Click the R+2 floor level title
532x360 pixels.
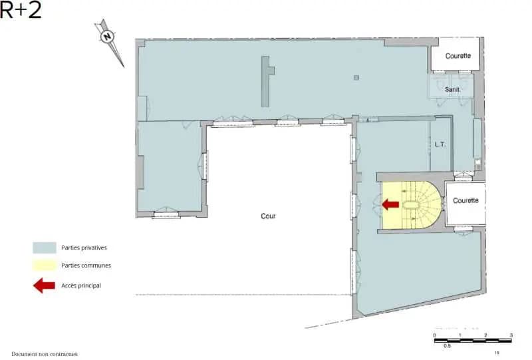point(21,11)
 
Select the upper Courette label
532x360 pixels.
point(458,56)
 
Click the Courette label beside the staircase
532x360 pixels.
point(466,200)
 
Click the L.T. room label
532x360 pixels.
point(440,144)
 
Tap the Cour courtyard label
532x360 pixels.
point(268,216)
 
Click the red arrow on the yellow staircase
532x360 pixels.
point(391,204)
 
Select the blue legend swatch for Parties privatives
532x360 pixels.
point(44,248)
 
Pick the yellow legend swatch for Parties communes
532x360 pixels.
point(44,266)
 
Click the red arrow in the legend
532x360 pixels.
point(44,285)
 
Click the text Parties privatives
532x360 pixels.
point(84,248)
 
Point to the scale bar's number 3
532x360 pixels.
point(511,335)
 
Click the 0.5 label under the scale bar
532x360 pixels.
point(448,346)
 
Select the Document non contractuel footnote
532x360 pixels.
point(45,354)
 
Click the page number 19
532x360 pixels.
point(497,353)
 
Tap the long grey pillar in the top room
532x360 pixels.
point(266,81)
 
